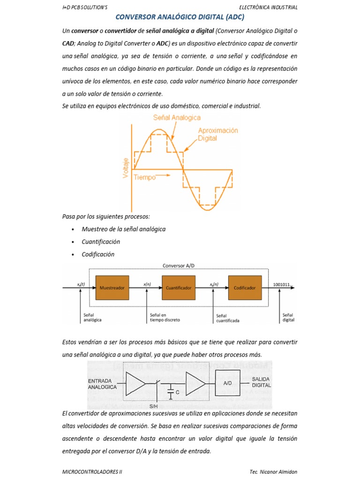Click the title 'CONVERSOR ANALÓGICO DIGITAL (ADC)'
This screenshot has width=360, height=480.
tap(180, 17)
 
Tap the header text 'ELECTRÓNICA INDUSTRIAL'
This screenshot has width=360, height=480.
tap(268, 7)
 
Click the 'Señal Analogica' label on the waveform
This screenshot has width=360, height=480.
tap(176, 118)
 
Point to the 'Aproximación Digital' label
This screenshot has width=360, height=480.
tap(218, 135)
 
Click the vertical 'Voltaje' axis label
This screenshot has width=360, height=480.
tap(126, 167)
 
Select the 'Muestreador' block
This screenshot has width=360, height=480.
tap(112, 288)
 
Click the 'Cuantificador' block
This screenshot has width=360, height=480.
tap(178, 288)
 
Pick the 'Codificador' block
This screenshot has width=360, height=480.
tap(245, 288)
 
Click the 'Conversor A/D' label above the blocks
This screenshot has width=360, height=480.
tap(178, 265)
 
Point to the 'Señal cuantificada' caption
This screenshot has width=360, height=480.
tap(228, 318)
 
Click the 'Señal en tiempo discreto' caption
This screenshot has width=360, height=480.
tap(164, 318)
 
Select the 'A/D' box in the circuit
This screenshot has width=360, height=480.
tap(228, 383)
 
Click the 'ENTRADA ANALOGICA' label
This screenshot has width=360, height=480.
tap(102, 384)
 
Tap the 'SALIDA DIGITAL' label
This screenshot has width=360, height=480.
tap(262, 382)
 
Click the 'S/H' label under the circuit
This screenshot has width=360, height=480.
tap(153, 406)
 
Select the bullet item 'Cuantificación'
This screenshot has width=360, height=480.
tap(101, 242)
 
